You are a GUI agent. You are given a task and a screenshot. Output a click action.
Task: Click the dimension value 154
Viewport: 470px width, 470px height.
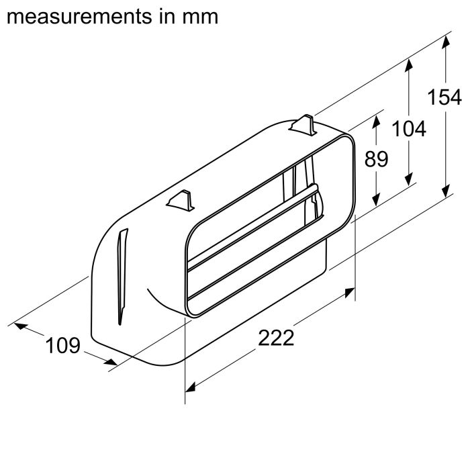[444, 97]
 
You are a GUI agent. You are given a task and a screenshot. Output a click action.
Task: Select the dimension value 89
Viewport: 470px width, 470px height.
[377, 159]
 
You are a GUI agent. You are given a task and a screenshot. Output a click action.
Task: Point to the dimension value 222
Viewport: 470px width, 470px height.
[276, 338]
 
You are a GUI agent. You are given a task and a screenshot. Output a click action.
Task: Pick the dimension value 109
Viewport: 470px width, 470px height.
[62, 346]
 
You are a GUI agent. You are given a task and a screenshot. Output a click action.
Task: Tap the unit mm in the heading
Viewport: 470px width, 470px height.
[201, 16]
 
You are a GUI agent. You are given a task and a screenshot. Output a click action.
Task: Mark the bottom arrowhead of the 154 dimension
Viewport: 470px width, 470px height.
[444, 194]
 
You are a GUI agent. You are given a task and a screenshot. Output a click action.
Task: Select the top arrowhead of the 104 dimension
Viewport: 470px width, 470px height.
[409, 62]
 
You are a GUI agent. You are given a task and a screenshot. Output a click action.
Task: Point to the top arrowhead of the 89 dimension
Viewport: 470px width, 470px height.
[377, 119]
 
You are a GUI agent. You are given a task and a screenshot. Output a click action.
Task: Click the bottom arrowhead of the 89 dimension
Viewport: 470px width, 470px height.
[377, 201]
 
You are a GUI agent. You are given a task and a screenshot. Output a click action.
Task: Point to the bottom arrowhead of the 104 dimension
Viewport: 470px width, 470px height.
[409, 180]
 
